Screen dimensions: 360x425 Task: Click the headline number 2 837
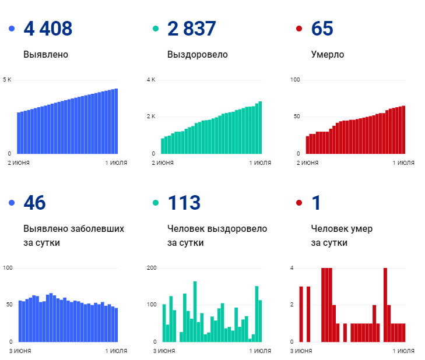coord(191,29)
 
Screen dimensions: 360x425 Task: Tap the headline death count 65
coord(322,29)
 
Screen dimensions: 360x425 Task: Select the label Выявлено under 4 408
coord(46,55)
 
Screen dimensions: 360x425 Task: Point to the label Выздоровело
coord(197,55)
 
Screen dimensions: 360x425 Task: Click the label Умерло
coord(328,55)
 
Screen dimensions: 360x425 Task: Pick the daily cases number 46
coord(34,203)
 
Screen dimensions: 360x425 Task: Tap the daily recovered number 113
coord(184,203)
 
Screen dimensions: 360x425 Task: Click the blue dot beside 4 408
coord(11,29)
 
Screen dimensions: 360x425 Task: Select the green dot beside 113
coord(155,203)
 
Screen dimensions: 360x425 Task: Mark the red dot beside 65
coord(299,29)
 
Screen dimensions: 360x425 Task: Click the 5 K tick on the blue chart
coord(7,79)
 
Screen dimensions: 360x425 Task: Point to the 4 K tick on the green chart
coord(150,79)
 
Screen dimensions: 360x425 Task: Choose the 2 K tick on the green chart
coord(150,117)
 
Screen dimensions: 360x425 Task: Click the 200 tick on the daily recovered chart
coord(152,268)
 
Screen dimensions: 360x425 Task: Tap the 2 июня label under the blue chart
coord(19,163)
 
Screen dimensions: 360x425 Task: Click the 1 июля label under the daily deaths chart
coord(403,351)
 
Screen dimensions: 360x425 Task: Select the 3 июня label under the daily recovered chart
coord(164,351)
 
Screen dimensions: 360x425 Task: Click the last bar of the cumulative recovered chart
coord(260,128)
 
